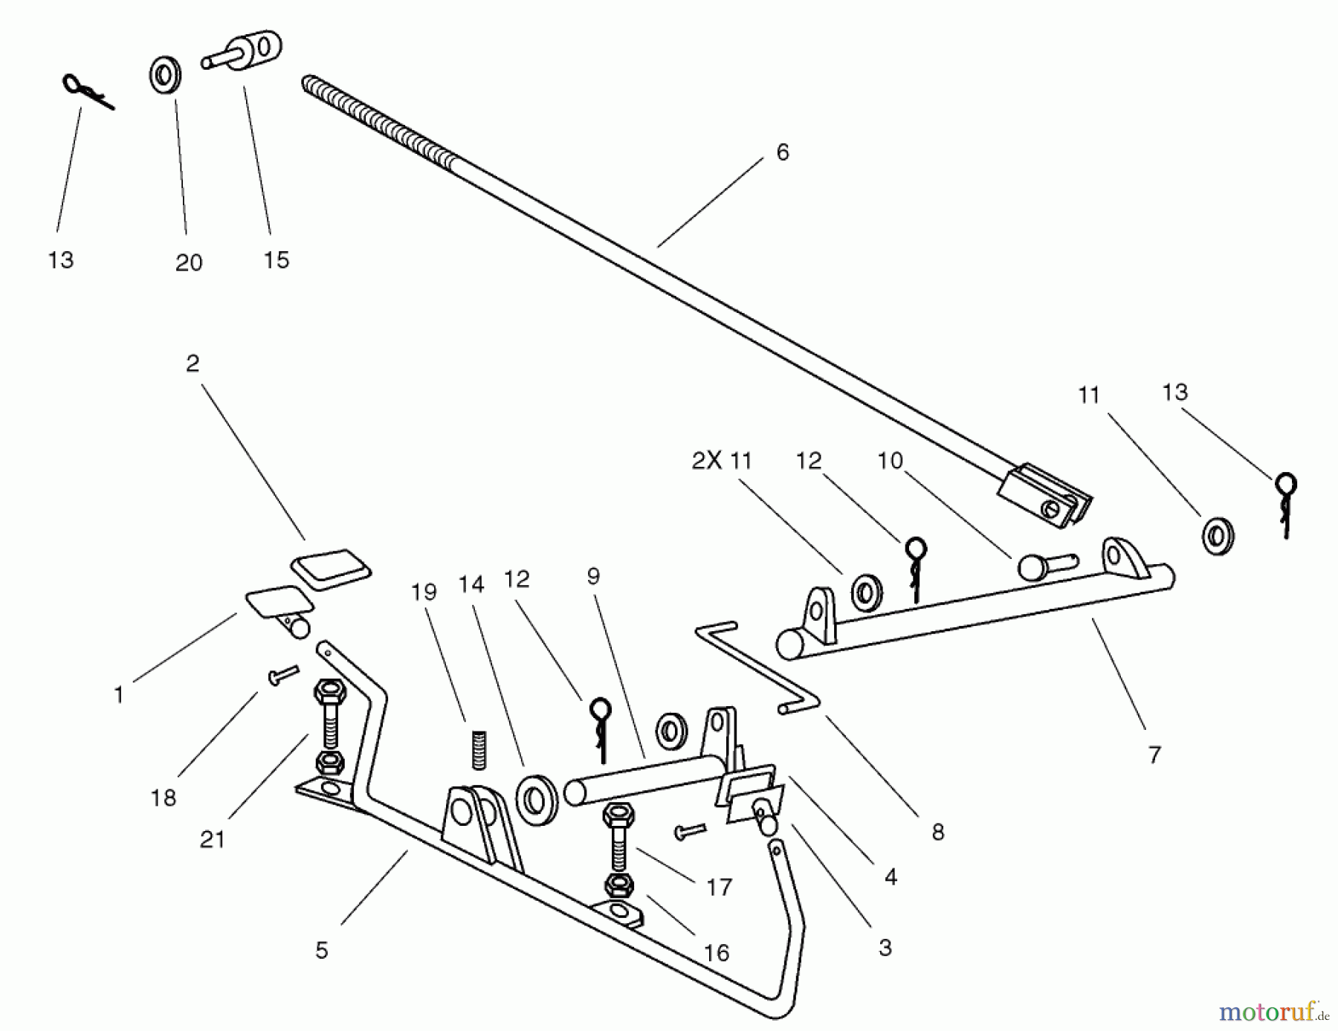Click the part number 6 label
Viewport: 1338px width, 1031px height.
782,152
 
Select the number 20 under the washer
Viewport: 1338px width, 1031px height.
188,262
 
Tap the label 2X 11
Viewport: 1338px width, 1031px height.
721,461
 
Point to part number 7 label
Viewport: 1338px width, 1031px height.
1154,755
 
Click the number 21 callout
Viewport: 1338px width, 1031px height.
212,839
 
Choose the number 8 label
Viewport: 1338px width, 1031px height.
937,832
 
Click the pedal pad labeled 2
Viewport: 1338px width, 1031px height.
331,569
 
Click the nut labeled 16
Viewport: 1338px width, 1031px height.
619,885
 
